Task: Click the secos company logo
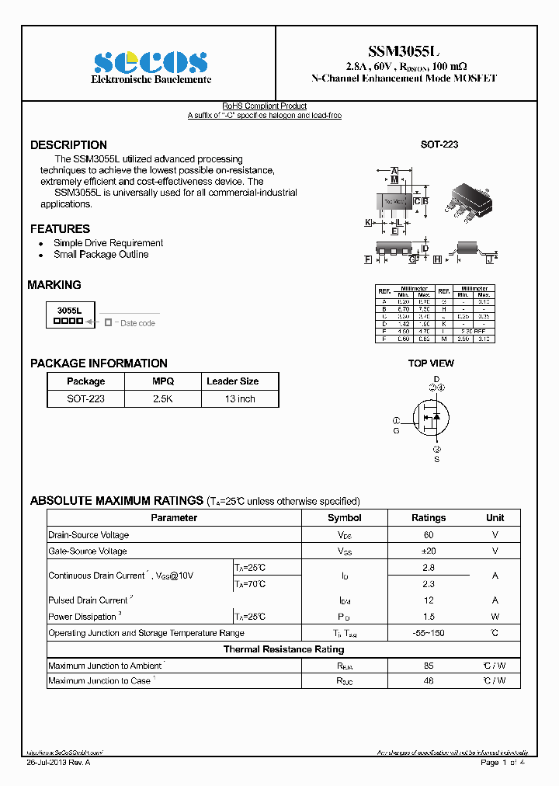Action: point(151,61)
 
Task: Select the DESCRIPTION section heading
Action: point(68,145)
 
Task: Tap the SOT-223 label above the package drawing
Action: point(439,145)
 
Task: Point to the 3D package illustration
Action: point(469,195)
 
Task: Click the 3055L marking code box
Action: point(69,315)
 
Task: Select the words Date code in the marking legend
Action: point(137,323)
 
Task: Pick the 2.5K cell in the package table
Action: point(163,398)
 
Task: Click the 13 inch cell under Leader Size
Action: point(240,398)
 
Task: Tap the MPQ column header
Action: point(163,381)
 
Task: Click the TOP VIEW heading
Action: point(431,363)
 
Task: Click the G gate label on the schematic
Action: point(396,430)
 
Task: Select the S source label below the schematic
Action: point(436,460)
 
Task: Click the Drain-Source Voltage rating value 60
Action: point(428,535)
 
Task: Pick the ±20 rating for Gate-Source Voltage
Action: point(428,551)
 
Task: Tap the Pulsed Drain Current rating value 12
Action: point(428,600)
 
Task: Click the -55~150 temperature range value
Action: point(428,633)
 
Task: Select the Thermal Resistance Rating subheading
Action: point(283,649)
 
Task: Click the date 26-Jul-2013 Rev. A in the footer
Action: point(59,763)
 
